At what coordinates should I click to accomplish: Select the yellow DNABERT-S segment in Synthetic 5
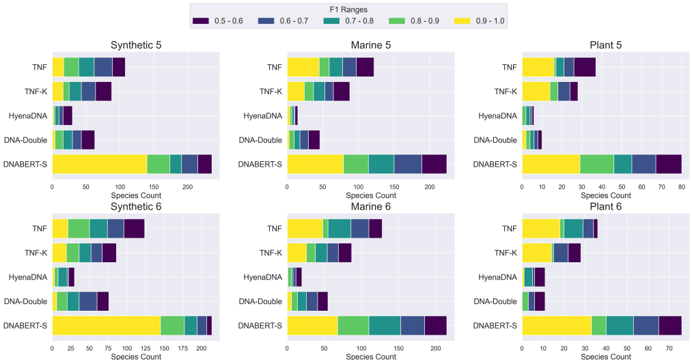pos(100,164)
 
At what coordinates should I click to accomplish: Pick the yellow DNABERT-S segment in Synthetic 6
pos(106,325)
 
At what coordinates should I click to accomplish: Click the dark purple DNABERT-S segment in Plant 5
pos(669,164)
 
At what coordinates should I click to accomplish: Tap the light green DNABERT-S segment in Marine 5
pos(355,164)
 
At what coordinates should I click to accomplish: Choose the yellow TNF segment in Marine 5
pos(303,68)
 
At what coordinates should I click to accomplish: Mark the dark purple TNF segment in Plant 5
pos(585,68)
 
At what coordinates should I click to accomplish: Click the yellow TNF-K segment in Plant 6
pos(537,253)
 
